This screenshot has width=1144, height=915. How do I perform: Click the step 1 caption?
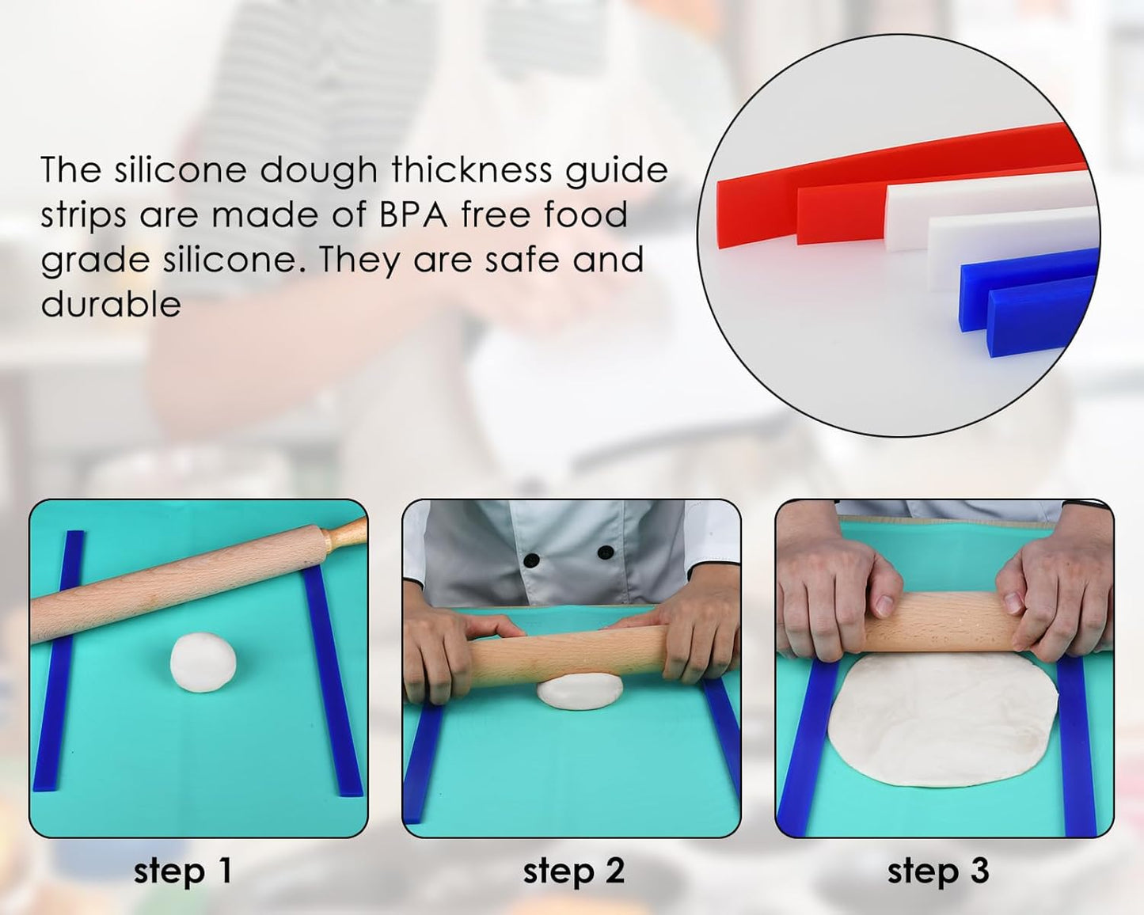click(x=183, y=871)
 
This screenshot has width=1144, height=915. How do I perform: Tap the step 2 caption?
click(x=573, y=871)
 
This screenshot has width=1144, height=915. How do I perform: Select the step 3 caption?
click(x=938, y=871)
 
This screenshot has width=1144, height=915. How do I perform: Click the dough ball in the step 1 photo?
click(x=203, y=663)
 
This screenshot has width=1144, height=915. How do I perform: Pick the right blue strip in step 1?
click(x=333, y=681)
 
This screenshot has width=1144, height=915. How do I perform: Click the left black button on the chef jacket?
click(x=532, y=560)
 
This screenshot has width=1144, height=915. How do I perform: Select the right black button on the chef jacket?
click(x=606, y=552)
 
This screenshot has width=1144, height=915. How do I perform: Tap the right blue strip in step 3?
click(x=1077, y=744)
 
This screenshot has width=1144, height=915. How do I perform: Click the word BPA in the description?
click(x=414, y=215)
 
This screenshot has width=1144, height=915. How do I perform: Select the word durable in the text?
click(x=111, y=304)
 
